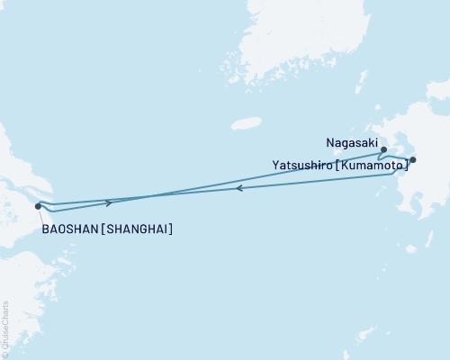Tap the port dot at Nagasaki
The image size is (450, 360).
pos(383,149)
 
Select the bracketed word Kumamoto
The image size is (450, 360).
pos(370,164)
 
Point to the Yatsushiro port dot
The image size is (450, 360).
pos(413,160)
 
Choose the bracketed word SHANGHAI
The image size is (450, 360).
pos(137,229)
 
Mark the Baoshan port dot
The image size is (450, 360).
pos(37,206)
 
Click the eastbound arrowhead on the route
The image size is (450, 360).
pos(109,202)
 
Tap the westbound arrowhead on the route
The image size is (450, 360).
pos(238,188)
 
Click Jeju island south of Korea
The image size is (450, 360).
pos(240,124)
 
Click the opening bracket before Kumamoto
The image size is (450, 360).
pos(337,164)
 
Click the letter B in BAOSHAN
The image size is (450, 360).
pos(45,229)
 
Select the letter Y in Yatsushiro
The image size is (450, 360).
pos(274,164)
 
